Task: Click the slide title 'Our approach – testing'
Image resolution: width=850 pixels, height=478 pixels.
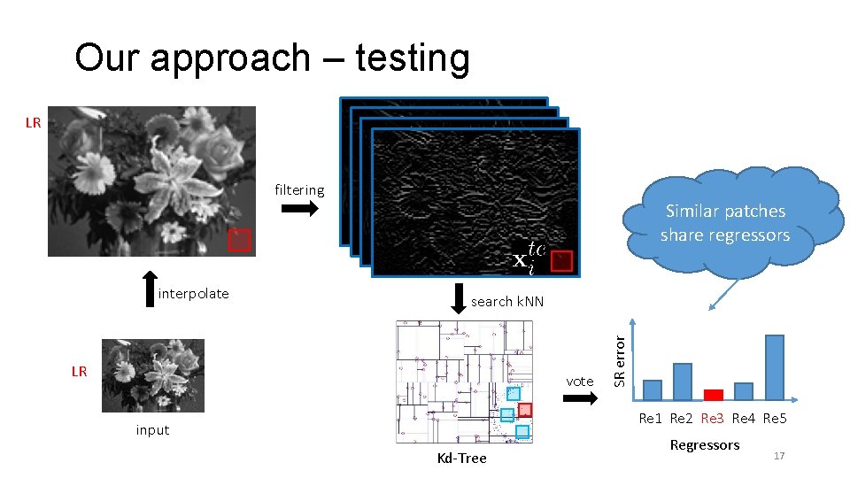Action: (x=272, y=58)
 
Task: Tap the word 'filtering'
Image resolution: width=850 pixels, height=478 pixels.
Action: (x=299, y=189)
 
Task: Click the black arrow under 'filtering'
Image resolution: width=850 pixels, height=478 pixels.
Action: (x=299, y=209)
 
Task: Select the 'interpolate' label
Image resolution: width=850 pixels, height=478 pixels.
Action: (x=193, y=294)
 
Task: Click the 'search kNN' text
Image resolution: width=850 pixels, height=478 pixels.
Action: (x=507, y=302)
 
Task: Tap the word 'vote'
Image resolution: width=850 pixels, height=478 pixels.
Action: (x=580, y=381)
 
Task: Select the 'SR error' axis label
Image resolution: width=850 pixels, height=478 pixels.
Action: (x=621, y=358)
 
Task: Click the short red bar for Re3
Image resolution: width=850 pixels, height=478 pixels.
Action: (x=714, y=395)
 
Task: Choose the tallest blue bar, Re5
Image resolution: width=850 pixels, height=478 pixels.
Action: (x=774, y=367)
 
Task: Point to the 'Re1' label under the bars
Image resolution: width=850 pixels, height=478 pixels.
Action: (x=651, y=418)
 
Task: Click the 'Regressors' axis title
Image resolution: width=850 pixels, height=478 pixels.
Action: (x=705, y=444)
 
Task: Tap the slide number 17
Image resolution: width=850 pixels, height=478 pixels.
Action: (x=779, y=455)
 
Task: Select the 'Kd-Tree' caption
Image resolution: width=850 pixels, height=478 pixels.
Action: (x=462, y=458)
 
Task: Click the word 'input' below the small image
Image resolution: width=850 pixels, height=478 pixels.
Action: (x=152, y=430)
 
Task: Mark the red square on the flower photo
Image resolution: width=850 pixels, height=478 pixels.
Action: (x=240, y=240)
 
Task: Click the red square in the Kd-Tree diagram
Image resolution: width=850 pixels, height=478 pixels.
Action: (x=524, y=410)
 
